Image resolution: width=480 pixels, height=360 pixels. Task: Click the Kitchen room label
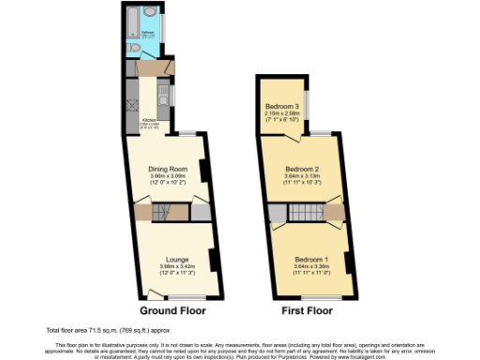coord(148,120)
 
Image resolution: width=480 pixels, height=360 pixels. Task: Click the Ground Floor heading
coord(172,309)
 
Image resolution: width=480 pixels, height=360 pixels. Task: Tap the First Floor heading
coord(307,309)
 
